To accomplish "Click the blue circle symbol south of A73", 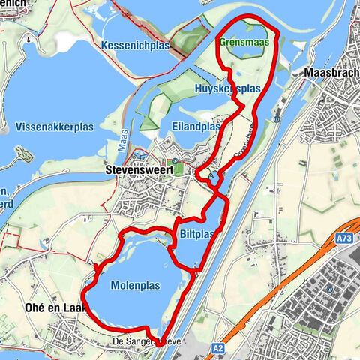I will (x=329, y=289).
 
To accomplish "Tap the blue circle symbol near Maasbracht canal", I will (x=277, y=118).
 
